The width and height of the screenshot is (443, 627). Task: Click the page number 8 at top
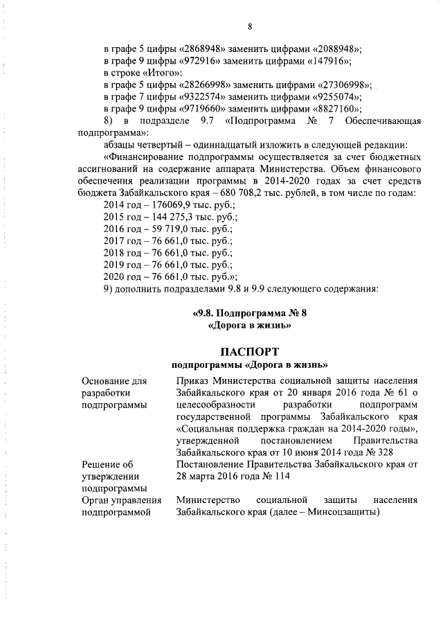[x=249, y=27]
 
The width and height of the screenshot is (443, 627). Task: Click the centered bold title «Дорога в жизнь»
[x=248, y=324]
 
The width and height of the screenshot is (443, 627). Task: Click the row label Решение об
[x=107, y=465]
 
